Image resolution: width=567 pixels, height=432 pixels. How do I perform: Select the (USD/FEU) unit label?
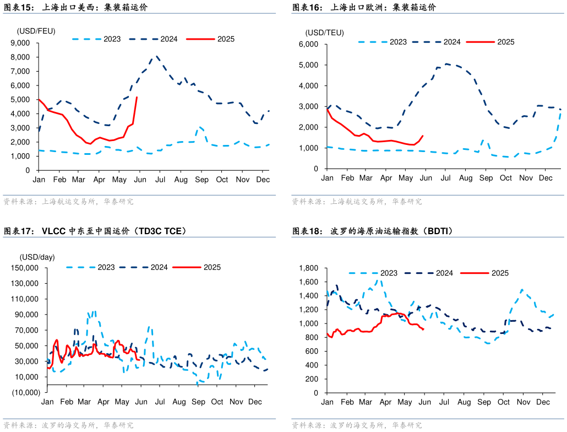pyautogui.click(x=36, y=31)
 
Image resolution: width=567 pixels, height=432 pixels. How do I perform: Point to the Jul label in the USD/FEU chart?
pyautogui.click(x=160, y=180)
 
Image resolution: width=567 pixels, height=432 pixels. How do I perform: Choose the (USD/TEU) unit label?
pyautogui.click(x=325, y=33)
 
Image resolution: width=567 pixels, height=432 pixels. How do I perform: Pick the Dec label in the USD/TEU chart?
pyautogui.click(x=546, y=178)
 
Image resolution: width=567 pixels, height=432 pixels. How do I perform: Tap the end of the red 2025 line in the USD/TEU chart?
pyautogui.click(x=423, y=136)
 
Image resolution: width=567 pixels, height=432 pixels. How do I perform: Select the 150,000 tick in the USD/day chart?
pyautogui.click(x=24, y=268)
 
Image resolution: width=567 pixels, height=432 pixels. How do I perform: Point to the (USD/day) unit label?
pyautogui.click(x=37, y=257)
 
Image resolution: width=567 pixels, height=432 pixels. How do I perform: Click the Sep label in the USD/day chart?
pyautogui.click(x=199, y=402)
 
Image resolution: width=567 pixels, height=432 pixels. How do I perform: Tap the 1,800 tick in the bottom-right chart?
pyautogui.click(x=308, y=268)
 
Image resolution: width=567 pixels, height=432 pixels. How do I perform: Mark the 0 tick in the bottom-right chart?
pyautogui.click(x=316, y=393)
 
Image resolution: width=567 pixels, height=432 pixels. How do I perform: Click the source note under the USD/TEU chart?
pyautogui.click(x=357, y=202)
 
